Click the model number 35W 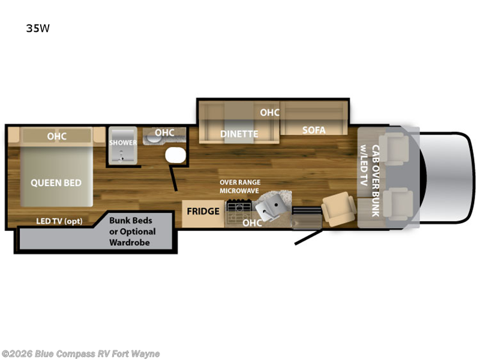click(x=37, y=28)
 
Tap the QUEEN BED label click(x=56, y=182)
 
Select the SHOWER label click(x=122, y=143)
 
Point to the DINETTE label click(x=239, y=134)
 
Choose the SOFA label click(x=314, y=130)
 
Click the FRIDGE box click(x=203, y=211)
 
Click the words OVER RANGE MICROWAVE click(x=240, y=186)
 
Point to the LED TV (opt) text click(x=59, y=221)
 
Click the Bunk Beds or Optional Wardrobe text click(x=132, y=232)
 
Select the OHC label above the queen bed click(x=57, y=137)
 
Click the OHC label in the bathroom click(x=164, y=133)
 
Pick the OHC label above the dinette click(x=269, y=112)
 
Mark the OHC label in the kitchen click(x=252, y=223)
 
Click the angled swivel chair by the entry click(x=340, y=209)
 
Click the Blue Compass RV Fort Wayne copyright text click(x=80, y=353)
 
